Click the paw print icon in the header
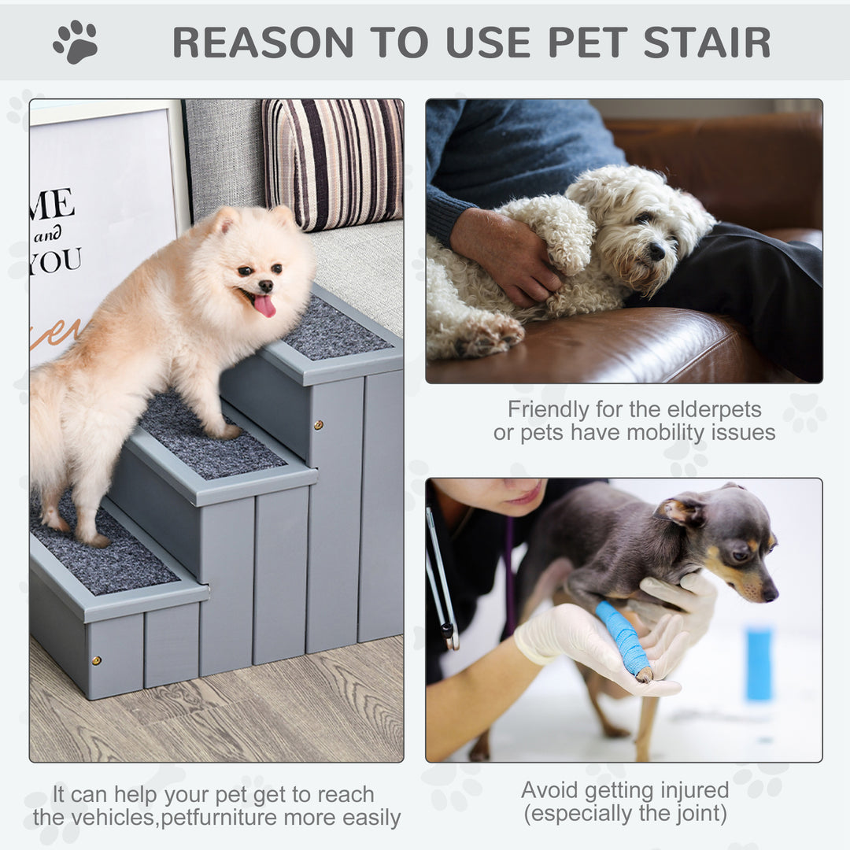coord(76,42)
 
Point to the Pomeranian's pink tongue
coord(264,305)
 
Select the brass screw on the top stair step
coord(320,425)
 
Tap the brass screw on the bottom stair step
coord(97,660)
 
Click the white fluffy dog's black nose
coord(656,251)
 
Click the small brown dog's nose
coord(771,593)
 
